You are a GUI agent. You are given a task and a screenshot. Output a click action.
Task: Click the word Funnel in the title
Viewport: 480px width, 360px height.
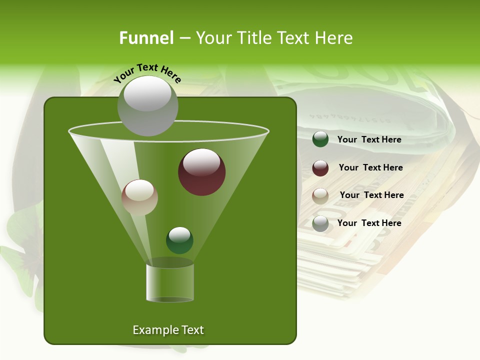coord(146,38)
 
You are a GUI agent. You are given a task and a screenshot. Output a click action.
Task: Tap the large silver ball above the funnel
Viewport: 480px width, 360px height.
coord(147,105)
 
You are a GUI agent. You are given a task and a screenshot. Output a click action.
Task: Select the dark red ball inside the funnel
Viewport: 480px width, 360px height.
coord(201,172)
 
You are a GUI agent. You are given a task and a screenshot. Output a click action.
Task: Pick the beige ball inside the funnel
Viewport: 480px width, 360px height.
coord(139,197)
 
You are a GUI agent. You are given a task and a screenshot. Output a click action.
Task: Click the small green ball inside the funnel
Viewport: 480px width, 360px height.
coord(179,240)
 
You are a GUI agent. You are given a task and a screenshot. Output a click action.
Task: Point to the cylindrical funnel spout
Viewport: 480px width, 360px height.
coord(170,282)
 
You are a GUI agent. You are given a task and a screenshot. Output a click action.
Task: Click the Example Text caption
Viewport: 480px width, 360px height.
coord(168,330)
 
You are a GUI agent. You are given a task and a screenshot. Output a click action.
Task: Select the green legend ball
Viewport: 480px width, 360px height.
coord(320,139)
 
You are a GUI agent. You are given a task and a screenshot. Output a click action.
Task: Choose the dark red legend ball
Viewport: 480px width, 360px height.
coord(320,168)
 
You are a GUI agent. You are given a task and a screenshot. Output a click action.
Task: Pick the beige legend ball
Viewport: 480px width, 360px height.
coord(320,195)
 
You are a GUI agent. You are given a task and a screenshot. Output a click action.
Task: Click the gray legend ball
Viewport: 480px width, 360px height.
coord(320,223)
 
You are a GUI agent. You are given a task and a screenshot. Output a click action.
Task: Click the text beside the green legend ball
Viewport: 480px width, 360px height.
coord(369,140)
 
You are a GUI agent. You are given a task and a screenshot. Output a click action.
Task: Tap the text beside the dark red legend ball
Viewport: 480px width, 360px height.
coord(370,168)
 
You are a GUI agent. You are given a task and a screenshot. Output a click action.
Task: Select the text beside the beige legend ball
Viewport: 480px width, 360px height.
coord(371,195)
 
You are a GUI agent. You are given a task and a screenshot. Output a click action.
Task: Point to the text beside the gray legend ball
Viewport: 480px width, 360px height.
coord(369,223)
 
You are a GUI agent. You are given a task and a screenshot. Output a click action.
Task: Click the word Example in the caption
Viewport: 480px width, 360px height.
coord(153,330)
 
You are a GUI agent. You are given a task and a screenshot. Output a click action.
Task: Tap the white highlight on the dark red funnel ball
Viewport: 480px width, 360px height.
coord(201,162)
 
